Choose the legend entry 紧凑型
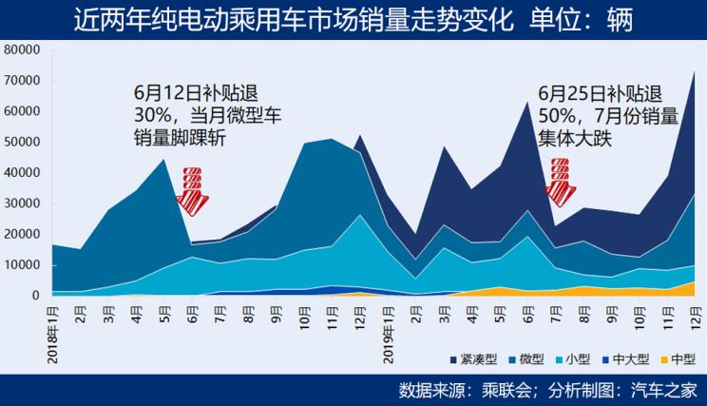click(472, 359)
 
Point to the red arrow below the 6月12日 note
click(194, 188)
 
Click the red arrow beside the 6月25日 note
click(562, 182)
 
